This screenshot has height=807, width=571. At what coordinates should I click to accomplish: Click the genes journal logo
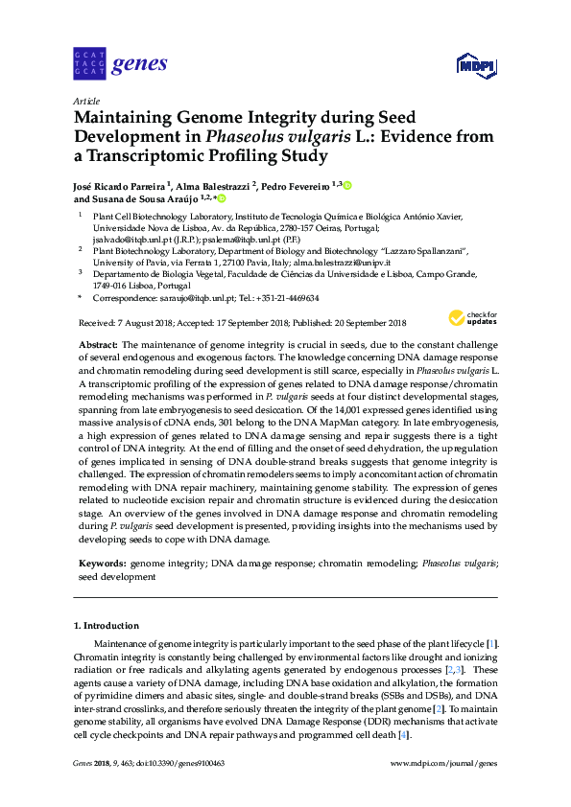120,65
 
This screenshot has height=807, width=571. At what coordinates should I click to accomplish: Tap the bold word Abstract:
97,344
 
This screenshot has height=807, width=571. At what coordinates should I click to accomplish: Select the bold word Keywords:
101,565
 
